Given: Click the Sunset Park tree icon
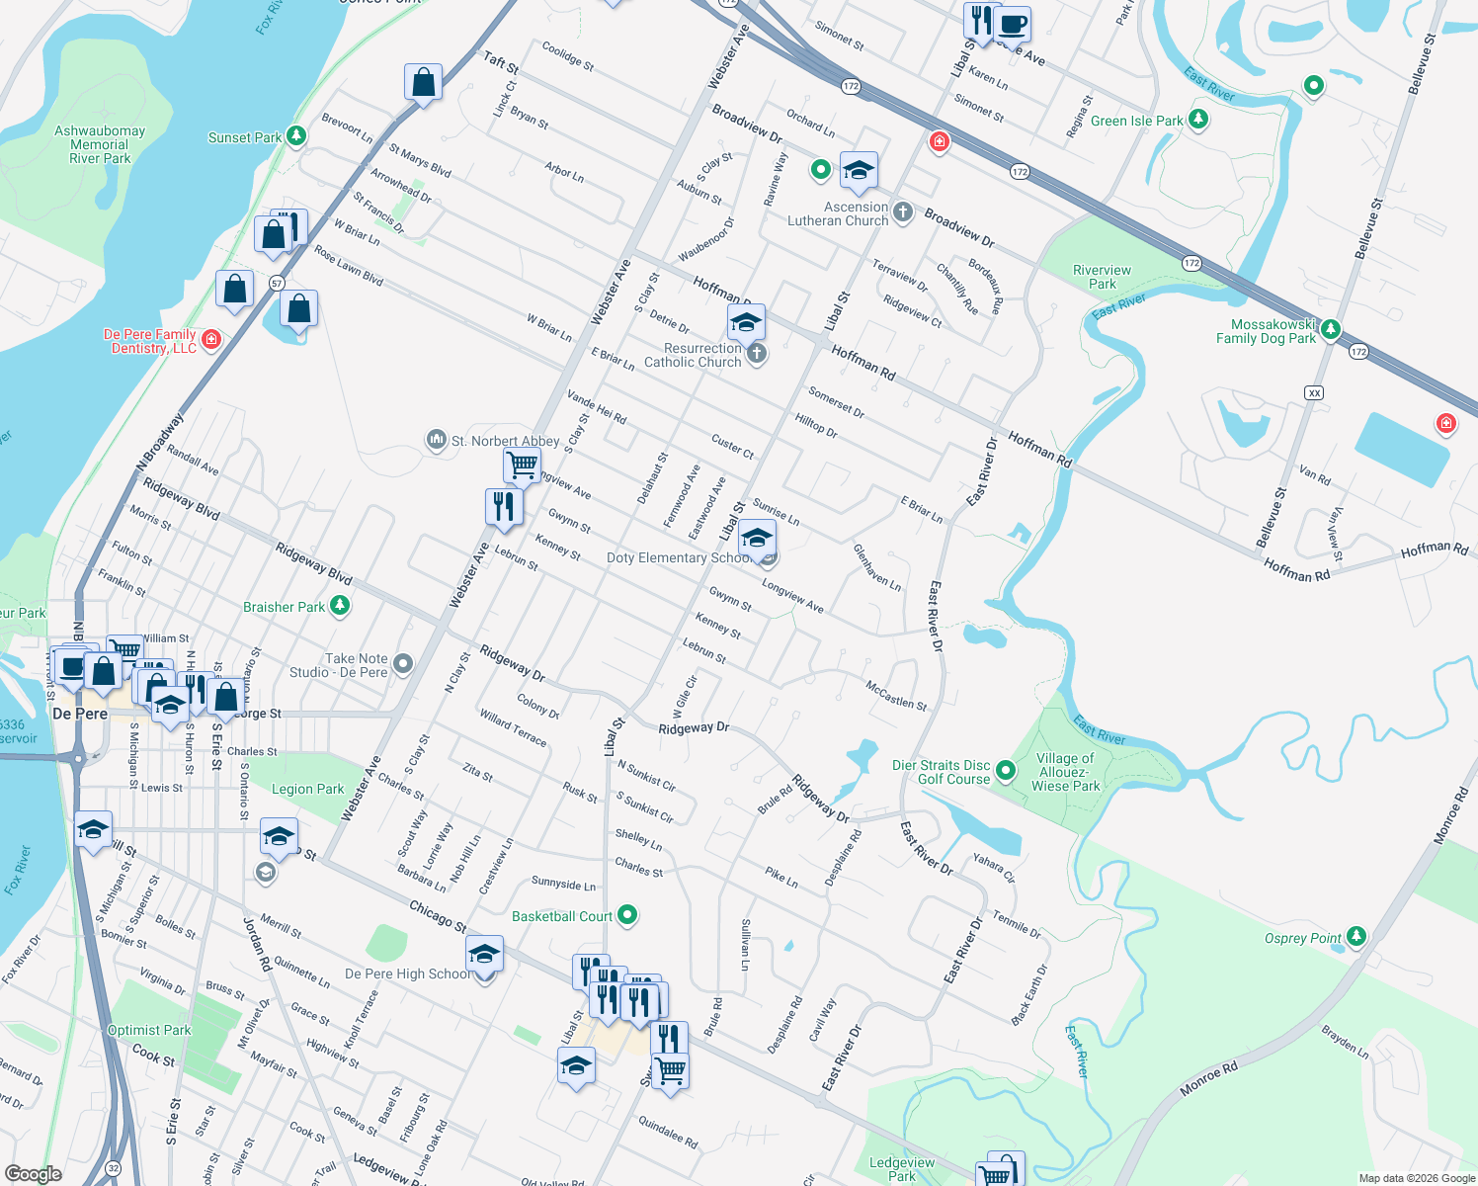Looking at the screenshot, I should [296, 137].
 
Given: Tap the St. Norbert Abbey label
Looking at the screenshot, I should [505, 441].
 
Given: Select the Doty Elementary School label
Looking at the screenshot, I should [680, 558].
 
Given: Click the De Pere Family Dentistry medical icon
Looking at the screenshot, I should [210, 341].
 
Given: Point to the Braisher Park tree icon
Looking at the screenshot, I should [340, 606].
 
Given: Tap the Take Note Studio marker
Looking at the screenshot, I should [403, 664].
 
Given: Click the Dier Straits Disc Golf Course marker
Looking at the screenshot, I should [1006, 771].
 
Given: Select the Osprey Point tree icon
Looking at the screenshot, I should [1356, 937].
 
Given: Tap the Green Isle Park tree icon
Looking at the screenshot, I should [1198, 120].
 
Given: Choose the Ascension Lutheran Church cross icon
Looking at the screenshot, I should [902, 212].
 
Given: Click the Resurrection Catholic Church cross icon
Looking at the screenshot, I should [757, 354].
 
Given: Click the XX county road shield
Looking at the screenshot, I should [1313, 392].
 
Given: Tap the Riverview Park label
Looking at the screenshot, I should [1102, 277].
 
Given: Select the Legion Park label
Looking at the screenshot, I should [307, 789].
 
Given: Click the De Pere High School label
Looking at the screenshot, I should [407, 974].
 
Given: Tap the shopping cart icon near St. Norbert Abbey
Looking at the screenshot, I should [522, 463].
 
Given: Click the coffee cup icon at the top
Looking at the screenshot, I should [1012, 23].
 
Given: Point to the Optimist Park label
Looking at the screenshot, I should [149, 1030].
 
